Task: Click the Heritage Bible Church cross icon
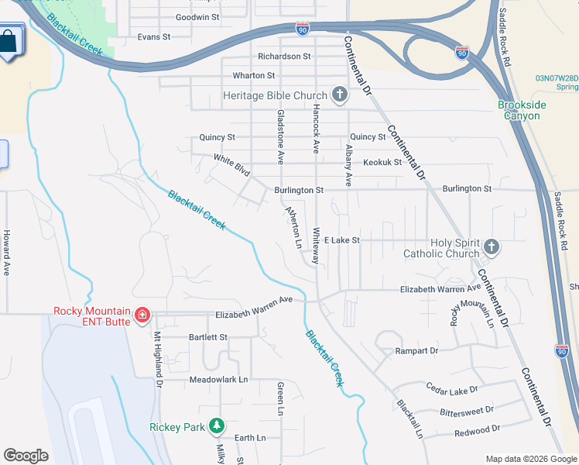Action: click(x=338, y=95)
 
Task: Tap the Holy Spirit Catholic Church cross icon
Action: click(x=490, y=247)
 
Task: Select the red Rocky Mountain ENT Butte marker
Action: click(x=142, y=315)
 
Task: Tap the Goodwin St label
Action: click(x=197, y=17)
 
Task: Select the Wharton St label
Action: click(x=254, y=76)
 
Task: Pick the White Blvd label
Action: click(x=232, y=163)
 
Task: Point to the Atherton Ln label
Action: click(x=293, y=226)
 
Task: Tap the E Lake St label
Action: click(x=342, y=241)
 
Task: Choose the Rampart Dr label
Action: click(x=416, y=351)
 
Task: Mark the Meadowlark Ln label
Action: click(x=218, y=380)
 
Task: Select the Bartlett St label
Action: click(x=208, y=338)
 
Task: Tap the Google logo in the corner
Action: click(x=26, y=456)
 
